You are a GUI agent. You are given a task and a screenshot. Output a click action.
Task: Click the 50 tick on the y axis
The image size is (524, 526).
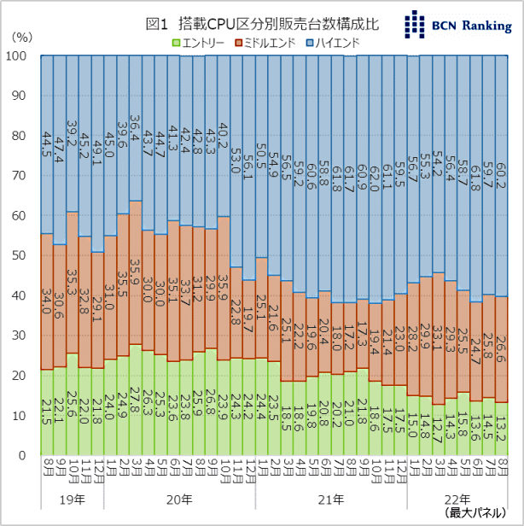pos(22,256)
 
